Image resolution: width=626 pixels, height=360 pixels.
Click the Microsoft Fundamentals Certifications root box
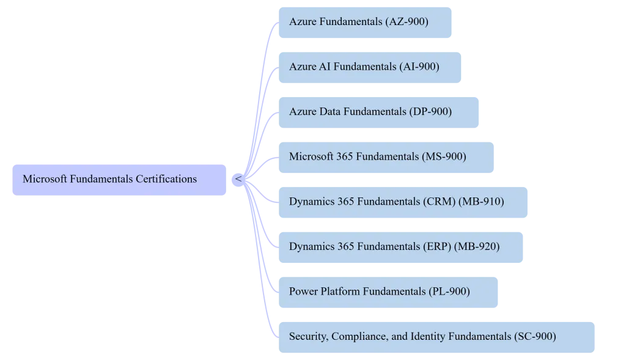119,179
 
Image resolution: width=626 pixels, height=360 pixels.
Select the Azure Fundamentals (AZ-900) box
366,22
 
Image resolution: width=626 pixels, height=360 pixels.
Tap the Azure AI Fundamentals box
371,67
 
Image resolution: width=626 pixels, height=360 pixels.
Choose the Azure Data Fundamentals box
378,111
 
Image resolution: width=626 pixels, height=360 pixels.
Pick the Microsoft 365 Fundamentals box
386,156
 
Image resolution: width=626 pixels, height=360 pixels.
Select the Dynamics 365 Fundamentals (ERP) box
400,246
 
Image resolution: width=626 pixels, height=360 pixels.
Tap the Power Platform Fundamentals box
388,291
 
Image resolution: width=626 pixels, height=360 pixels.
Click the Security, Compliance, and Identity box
437,336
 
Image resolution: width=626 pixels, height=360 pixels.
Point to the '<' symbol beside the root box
238,179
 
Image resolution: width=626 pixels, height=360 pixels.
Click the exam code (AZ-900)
407,22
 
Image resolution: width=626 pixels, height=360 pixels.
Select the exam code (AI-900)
419,67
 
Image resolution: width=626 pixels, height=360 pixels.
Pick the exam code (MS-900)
444,156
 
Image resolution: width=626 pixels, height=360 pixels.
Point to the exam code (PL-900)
449,291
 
